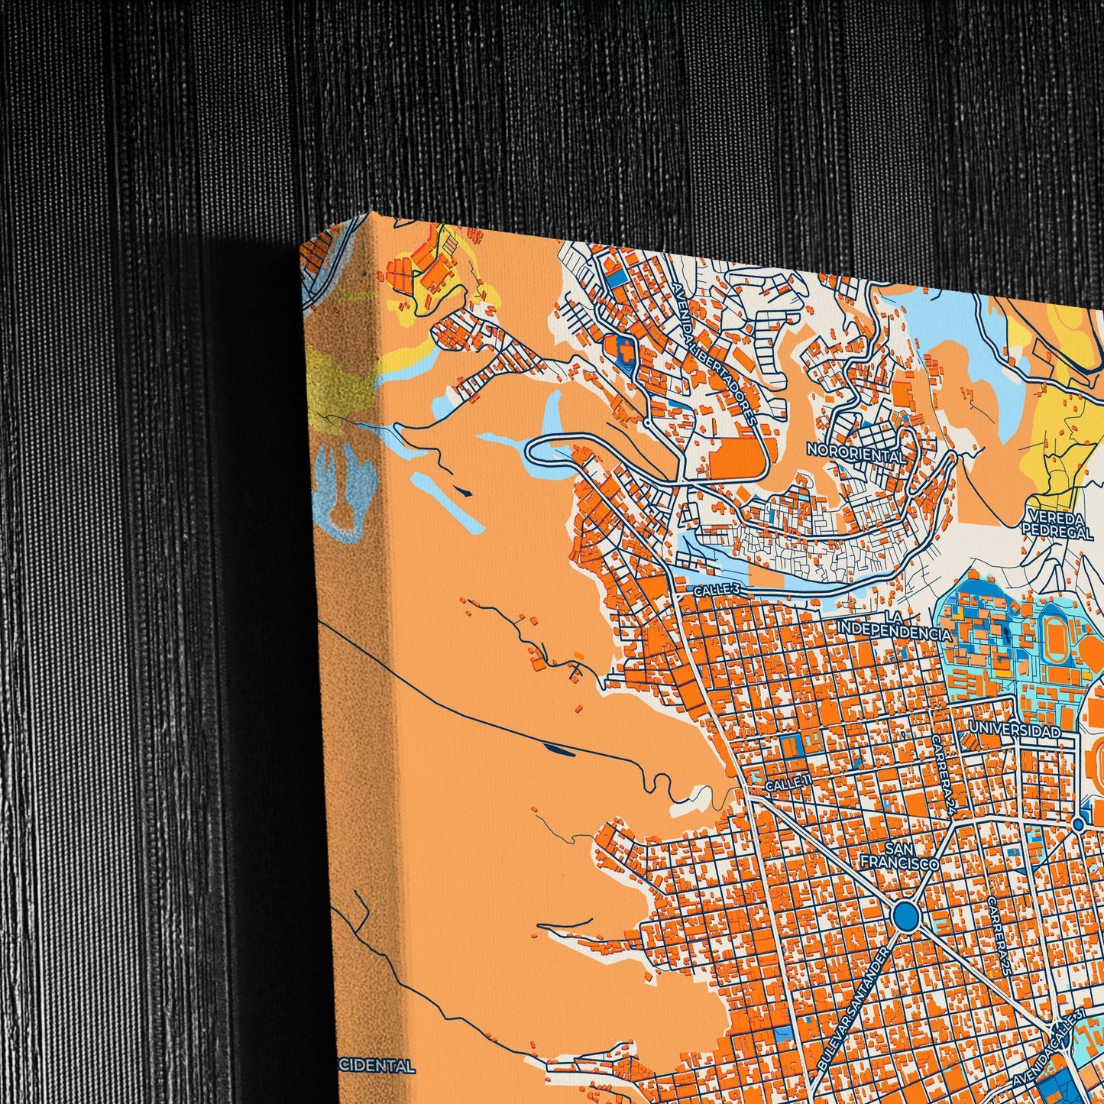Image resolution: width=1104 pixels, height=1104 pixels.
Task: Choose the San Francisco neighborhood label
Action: pos(899,856)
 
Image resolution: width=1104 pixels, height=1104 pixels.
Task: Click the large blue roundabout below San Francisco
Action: pos(905,915)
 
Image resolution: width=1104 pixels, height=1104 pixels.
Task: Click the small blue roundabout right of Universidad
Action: pos(1078,824)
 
